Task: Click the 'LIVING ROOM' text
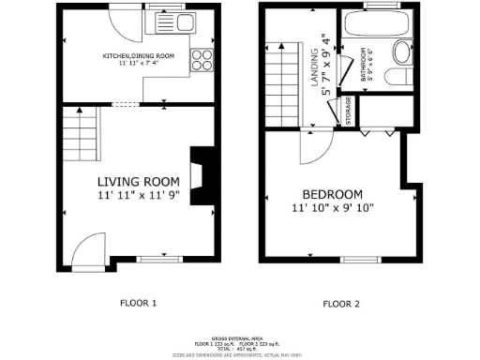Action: point(139,182)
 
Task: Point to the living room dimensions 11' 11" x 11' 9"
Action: point(139,196)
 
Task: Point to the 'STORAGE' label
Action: point(349,111)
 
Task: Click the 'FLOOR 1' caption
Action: point(139,303)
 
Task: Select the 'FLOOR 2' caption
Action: point(340,304)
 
